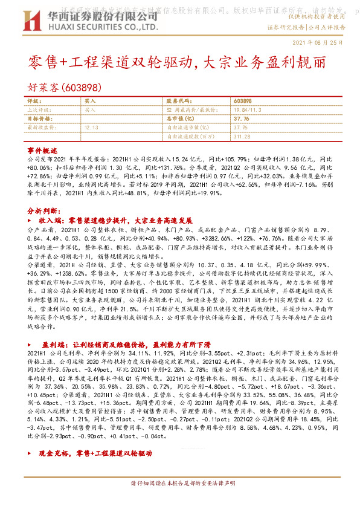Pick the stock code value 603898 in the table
(x=243, y=102)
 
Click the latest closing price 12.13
(x=92, y=128)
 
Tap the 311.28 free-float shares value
(x=242, y=137)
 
